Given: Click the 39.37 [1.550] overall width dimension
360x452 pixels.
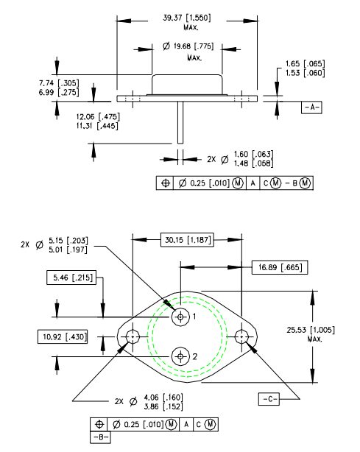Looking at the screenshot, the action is pos(187,18).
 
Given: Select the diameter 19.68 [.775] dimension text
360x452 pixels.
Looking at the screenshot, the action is pos(188,46).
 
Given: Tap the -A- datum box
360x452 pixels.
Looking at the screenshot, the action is pos(311,107).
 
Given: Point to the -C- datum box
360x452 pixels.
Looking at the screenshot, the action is pos(269,399).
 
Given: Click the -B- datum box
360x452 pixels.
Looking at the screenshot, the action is pos(101,437).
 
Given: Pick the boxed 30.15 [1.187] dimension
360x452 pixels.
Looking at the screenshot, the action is pos(187,239).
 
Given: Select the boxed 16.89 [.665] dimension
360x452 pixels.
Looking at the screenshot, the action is pos(280,267).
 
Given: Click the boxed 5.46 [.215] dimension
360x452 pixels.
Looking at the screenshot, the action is pos(71,278).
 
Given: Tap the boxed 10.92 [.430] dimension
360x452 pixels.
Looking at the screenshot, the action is pos(63,336).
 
